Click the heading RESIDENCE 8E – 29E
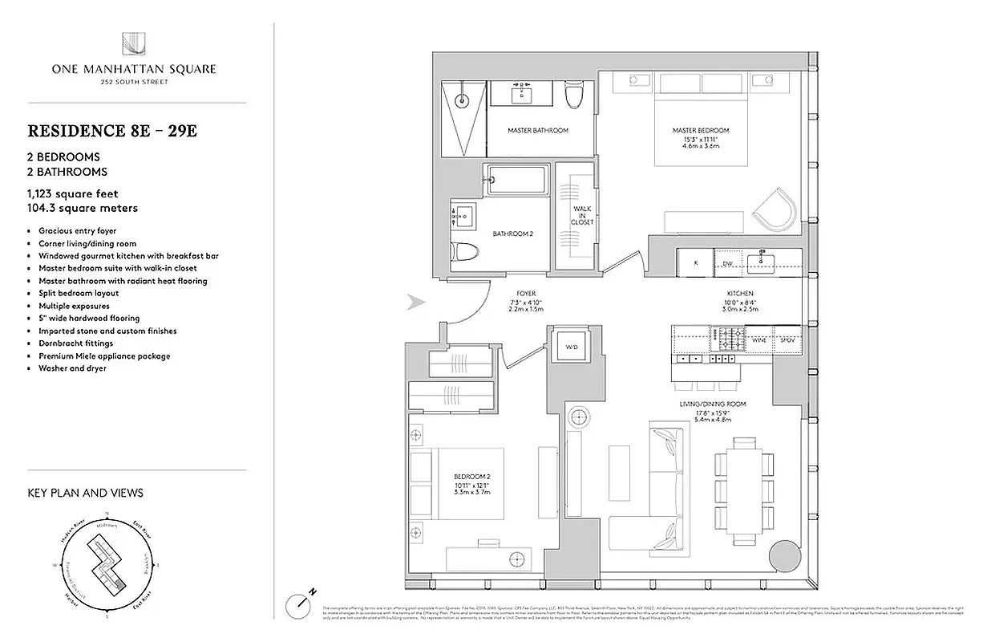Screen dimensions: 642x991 click(x=112, y=131)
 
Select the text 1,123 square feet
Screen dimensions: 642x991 click(x=73, y=193)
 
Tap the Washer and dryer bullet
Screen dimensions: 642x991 click(x=72, y=368)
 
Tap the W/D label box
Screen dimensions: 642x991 click(x=570, y=347)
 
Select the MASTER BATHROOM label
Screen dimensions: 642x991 click(x=538, y=130)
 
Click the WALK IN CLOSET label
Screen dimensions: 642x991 click(x=582, y=216)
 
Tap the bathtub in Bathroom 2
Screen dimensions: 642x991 click(x=517, y=178)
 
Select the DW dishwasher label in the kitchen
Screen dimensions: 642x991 click(x=726, y=262)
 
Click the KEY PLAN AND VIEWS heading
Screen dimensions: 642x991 click(x=85, y=493)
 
